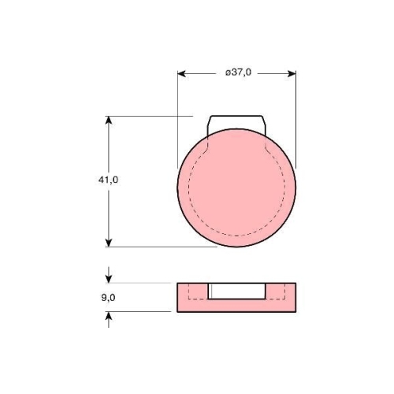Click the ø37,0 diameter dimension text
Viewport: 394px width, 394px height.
click(238, 72)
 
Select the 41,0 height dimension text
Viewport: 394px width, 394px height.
click(108, 180)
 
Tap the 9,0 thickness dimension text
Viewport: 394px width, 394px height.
click(108, 298)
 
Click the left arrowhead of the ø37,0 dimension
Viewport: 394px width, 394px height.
click(182, 74)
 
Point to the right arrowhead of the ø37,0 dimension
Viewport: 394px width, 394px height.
click(292, 74)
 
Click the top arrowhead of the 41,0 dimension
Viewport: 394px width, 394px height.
click(109, 120)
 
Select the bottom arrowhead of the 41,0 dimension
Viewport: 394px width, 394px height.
click(109, 243)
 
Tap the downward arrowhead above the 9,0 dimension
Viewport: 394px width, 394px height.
click(109, 279)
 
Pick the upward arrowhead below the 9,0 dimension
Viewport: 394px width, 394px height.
click(109, 316)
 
